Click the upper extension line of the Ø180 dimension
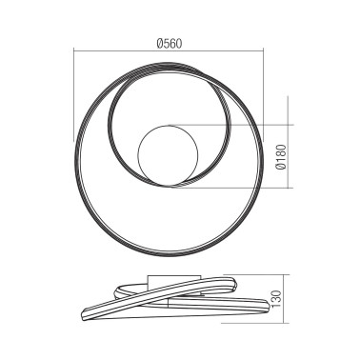pyautogui.click(x=238, y=124)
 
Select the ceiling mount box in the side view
pyautogui.click(x=161, y=280)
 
